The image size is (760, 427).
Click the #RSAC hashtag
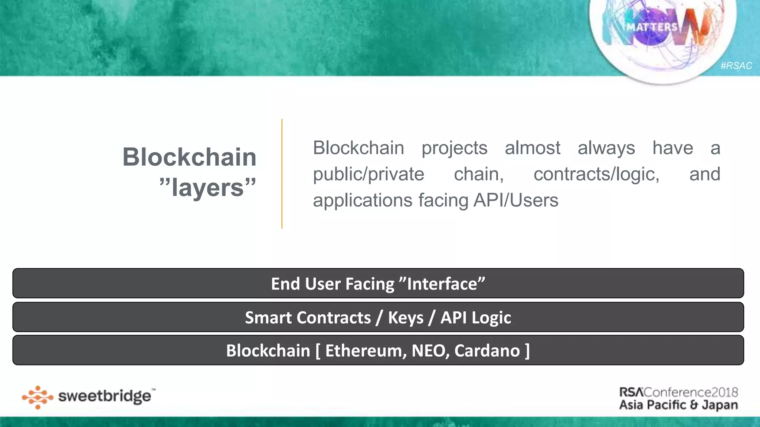click(x=736, y=66)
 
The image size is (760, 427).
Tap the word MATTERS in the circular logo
click(x=652, y=27)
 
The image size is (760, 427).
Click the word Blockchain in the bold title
click(x=189, y=157)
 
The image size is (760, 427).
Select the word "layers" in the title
click(x=208, y=188)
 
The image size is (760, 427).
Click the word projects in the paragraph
click(x=454, y=148)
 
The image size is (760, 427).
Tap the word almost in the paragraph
click(x=532, y=148)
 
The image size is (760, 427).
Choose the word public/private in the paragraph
click(x=368, y=174)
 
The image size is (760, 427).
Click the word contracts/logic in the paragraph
click(x=596, y=174)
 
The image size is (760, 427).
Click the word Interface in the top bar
click(x=442, y=284)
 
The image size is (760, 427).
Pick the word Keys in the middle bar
click(x=406, y=318)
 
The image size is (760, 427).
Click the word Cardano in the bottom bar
click(x=487, y=351)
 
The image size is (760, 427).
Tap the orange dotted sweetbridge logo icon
click(x=37, y=397)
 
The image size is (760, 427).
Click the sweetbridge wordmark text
click(x=105, y=397)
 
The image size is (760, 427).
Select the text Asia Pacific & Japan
click(x=678, y=405)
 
